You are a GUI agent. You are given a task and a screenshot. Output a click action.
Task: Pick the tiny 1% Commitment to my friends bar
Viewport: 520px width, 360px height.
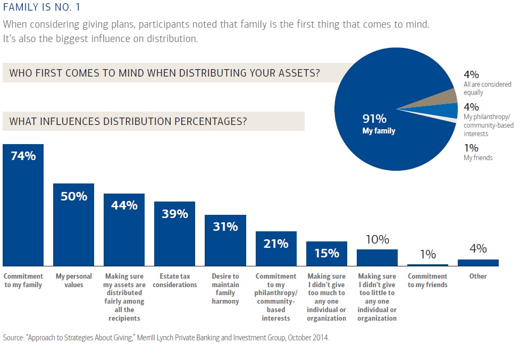coord(427,265)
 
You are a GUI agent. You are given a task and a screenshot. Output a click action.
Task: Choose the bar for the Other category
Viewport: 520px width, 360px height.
coord(478,263)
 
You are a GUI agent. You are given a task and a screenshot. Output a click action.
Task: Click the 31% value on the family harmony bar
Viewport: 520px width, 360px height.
coord(225,227)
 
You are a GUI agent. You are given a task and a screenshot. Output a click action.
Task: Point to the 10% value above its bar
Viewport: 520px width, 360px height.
coord(377,240)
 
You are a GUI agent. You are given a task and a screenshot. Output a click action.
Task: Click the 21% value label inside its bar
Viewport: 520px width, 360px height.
coord(275,244)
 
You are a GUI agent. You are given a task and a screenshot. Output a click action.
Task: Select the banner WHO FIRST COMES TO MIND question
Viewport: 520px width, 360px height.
coord(165,73)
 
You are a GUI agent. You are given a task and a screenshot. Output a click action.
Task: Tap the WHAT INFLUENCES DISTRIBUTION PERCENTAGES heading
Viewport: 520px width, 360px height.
coord(128,121)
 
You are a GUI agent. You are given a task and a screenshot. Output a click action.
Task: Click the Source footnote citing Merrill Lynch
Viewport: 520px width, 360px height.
coord(166,338)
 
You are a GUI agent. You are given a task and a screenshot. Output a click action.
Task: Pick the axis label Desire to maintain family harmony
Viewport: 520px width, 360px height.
coord(225,289)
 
